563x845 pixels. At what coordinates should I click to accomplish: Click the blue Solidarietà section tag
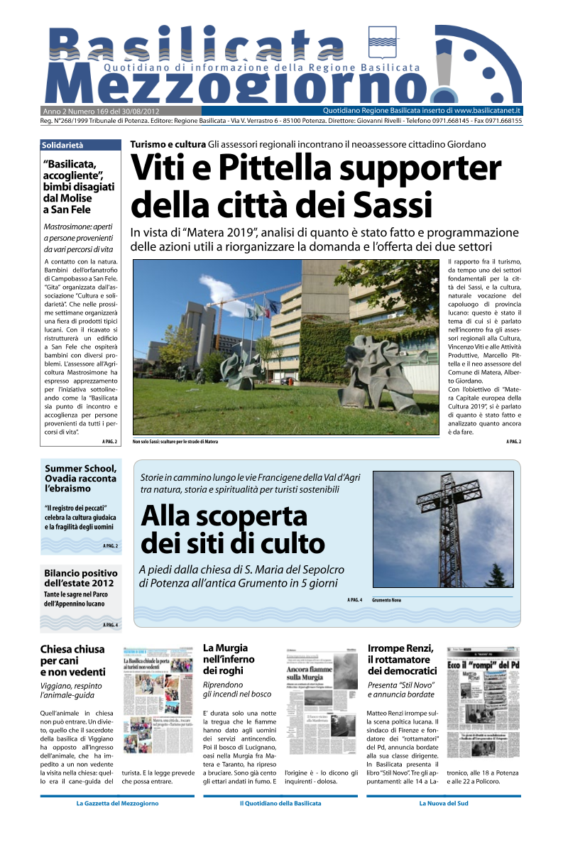(x=63, y=145)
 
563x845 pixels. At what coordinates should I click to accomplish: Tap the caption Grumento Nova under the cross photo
(x=386, y=600)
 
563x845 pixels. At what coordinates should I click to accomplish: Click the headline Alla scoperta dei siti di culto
(x=233, y=530)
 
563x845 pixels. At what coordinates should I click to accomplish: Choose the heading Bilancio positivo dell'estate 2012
(x=80, y=578)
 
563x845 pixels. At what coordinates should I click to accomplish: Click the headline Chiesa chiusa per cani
(x=72, y=660)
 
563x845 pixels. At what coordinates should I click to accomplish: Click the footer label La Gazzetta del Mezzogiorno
(x=117, y=803)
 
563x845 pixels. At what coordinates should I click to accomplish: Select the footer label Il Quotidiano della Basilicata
(x=280, y=803)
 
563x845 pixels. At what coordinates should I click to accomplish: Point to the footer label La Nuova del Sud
(x=443, y=803)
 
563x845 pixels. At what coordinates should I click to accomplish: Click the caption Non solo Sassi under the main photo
(x=175, y=442)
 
